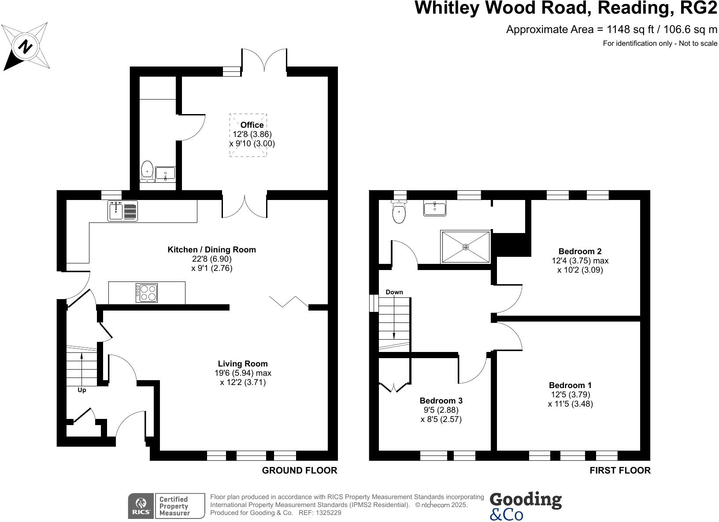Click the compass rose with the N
click(26, 47)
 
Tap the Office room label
click(252, 125)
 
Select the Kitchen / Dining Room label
click(211, 250)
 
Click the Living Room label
click(243, 364)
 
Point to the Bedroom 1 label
click(570, 385)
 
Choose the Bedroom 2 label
click(580, 252)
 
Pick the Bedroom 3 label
click(441, 401)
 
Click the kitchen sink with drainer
click(123, 211)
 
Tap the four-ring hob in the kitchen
click(147, 293)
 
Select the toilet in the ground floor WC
click(147, 171)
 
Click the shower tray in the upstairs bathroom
click(465, 247)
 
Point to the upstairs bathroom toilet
click(399, 212)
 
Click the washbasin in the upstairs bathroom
click(435, 208)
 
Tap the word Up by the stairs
click(82, 390)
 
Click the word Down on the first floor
click(394, 292)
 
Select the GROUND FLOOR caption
click(300, 470)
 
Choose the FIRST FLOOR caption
click(620, 470)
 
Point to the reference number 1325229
click(326, 513)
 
